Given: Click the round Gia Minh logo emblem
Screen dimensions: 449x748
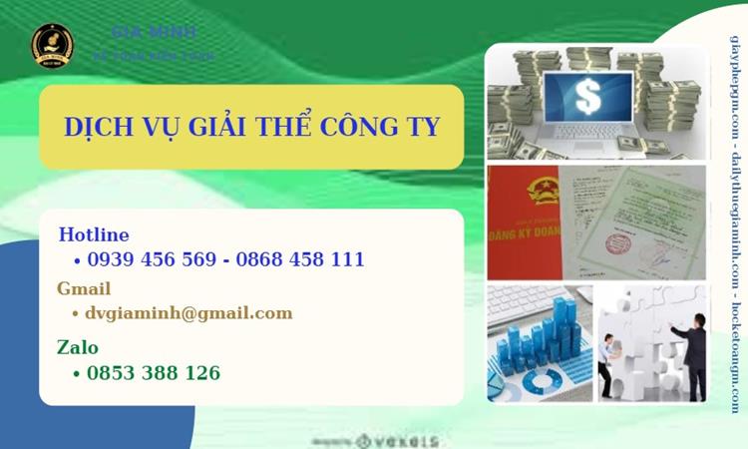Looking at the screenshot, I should (x=52, y=46).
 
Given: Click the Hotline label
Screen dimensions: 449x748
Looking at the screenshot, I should (x=94, y=235).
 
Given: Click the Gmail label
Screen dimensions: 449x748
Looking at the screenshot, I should (x=85, y=289).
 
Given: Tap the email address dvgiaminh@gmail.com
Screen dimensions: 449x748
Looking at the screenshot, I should (x=189, y=313).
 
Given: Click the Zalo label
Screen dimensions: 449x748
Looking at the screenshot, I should (x=78, y=347).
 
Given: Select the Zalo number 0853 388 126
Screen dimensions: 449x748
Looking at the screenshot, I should (x=154, y=373).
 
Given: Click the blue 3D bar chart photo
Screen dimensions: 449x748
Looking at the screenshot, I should (x=540, y=343).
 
